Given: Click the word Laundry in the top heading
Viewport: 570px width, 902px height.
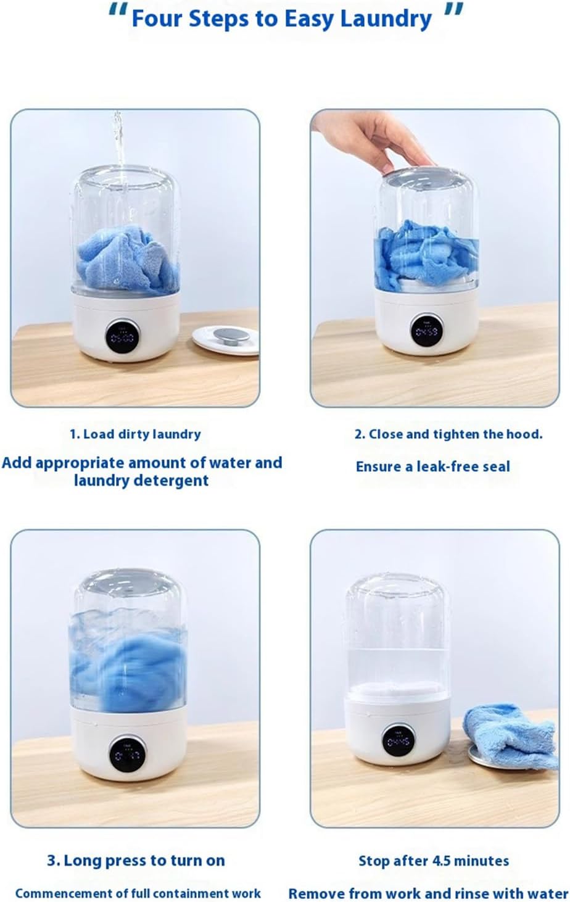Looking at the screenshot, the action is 386,20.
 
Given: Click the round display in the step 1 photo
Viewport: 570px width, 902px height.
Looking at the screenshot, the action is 122,336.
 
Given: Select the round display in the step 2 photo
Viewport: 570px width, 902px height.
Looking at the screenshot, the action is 427,331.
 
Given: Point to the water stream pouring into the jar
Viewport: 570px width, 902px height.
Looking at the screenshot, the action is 118,149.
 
